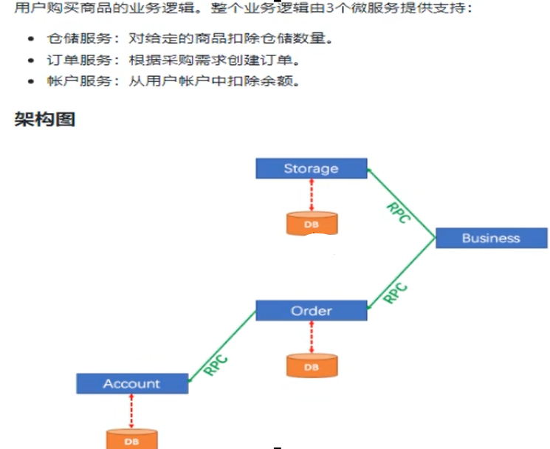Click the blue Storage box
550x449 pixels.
tap(311, 168)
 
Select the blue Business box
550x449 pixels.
tap(491, 238)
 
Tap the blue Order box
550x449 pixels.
tap(311, 310)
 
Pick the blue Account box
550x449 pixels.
tap(131, 383)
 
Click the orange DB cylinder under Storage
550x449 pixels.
tap(312, 224)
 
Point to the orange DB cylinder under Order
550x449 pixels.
tap(312, 366)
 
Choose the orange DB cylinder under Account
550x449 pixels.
tap(131, 439)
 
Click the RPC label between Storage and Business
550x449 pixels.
tap(399, 213)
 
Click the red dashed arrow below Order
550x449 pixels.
tap(312, 337)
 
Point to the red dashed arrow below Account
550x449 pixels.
tap(131, 411)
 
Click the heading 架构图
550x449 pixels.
tap(45, 119)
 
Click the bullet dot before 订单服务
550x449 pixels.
tap(31, 61)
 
